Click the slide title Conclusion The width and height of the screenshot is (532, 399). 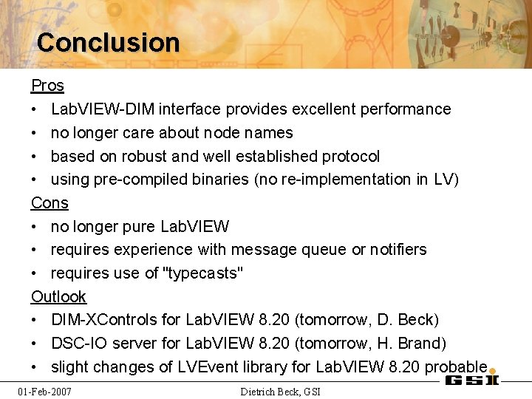click(x=108, y=43)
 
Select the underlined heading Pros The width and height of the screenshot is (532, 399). click(x=47, y=86)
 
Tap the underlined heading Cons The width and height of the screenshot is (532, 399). click(x=50, y=202)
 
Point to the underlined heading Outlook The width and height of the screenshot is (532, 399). click(x=58, y=296)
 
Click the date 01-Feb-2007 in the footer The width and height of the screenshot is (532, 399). click(x=45, y=391)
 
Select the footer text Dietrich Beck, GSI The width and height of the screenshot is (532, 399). click(x=281, y=391)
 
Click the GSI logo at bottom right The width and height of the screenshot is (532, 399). click(x=471, y=379)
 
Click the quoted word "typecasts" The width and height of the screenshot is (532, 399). click(x=203, y=273)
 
